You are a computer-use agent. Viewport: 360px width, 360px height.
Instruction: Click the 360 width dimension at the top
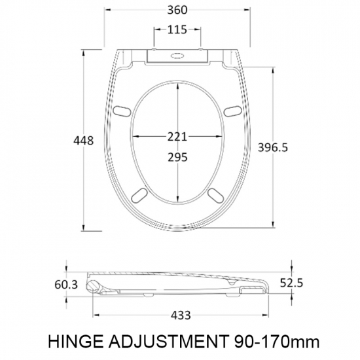tap(178, 10)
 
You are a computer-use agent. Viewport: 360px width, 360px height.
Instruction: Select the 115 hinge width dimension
tap(178, 29)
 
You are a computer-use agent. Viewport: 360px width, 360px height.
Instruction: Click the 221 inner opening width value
tap(178, 136)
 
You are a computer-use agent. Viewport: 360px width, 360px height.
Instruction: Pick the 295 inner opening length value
tap(178, 157)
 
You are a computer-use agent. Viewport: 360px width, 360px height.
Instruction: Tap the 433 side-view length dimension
tap(180, 315)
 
